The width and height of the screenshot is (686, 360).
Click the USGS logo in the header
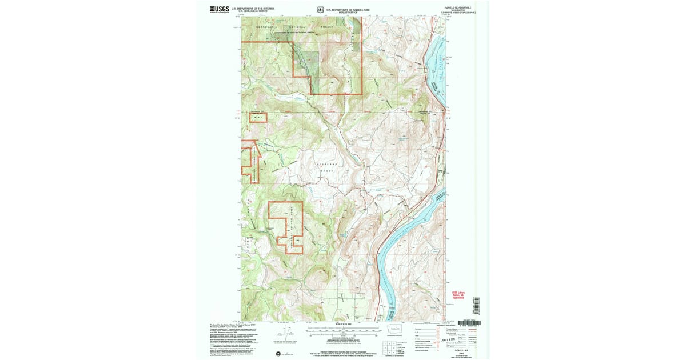click(219, 9)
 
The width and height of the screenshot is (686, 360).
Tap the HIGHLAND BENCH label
click(326, 167)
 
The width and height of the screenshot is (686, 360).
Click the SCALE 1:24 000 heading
click(343, 325)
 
